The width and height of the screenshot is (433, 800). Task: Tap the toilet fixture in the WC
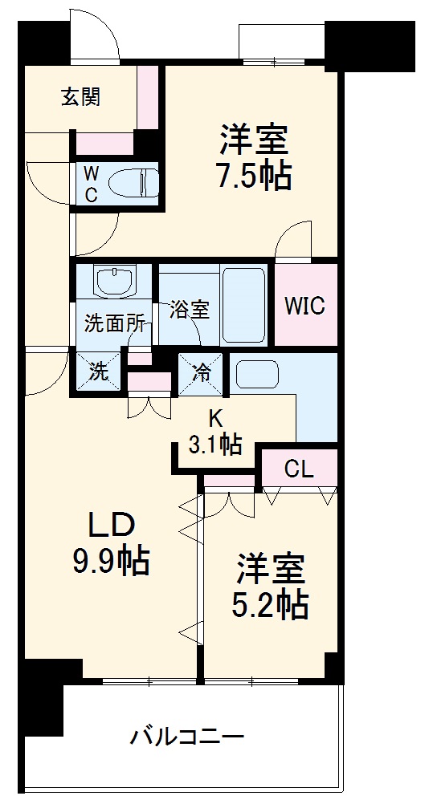pos(133,182)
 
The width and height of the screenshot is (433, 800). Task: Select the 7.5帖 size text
pos(252,176)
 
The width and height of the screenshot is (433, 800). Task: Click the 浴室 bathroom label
pos(190,310)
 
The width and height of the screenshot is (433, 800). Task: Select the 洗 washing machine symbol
pos(98,372)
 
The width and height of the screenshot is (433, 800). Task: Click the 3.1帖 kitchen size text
pos(215,444)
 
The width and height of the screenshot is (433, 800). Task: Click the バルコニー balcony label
pos(187,735)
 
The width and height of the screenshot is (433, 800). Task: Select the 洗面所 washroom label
pos(115,325)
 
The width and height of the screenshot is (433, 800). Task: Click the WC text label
pos(91,183)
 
